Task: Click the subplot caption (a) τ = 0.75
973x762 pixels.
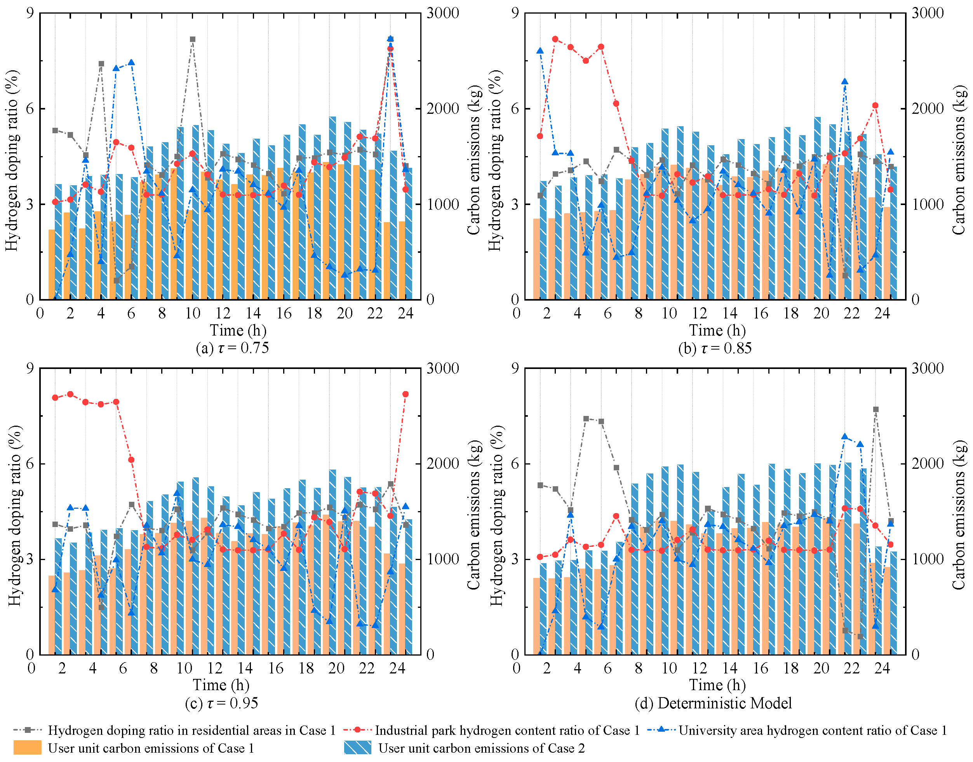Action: click(232, 348)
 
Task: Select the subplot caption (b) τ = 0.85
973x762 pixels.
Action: click(715, 348)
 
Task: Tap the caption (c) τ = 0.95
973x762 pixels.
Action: click(221, 703)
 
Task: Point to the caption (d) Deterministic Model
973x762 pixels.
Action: click(713, 703)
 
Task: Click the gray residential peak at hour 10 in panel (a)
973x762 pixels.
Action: click(192, 39)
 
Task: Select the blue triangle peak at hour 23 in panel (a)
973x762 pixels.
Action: click(390, 39)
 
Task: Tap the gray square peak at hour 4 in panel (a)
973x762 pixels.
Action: click(101, 64)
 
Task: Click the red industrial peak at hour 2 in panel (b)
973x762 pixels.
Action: click(555, 39)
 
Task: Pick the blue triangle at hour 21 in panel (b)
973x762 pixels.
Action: click(844, 82)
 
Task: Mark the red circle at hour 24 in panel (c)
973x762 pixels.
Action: click(406, 394)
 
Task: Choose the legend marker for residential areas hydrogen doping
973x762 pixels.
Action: click(28, 730)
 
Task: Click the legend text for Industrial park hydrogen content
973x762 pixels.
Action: click(507, 730)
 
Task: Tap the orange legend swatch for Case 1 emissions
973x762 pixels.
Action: click(27, 748)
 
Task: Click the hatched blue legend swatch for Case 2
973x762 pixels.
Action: click(357, 748)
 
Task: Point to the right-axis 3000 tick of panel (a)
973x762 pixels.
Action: click(442, 13)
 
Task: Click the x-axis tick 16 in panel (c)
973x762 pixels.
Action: click(276, 668)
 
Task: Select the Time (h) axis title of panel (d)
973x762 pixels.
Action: click(717, 685)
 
